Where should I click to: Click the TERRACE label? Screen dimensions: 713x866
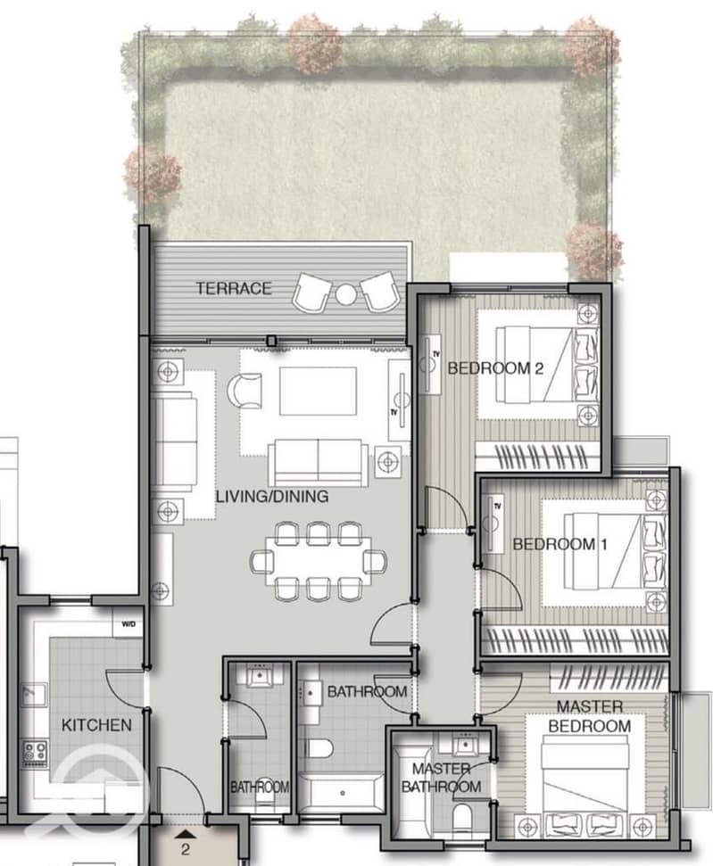click(x=234, y=288)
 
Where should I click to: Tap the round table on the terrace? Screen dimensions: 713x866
click(x=346, y=294)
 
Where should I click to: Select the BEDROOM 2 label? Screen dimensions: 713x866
click(x=495, y=367)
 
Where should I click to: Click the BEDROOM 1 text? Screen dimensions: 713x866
click(x=560, y=544)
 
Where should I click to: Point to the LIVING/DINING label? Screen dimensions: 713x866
click(x=272, y=496)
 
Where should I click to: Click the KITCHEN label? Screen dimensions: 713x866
click(x=96, y=725)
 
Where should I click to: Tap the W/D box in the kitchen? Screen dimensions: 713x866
click(x=129, y=623)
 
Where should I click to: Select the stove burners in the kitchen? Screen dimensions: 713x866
click(x=35, y=752)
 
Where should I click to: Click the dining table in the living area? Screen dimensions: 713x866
click(x=319, y=561)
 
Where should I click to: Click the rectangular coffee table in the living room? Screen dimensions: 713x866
click(x=318, y=391)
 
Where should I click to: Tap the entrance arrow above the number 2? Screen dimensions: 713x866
click(x=187, y=833)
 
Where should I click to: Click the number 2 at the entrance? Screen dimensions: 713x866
click(x=185, y=849)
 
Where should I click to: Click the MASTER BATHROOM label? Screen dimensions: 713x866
click(x=441, y=777)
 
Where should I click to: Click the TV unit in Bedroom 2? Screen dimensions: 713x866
click(x=429, y=364)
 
